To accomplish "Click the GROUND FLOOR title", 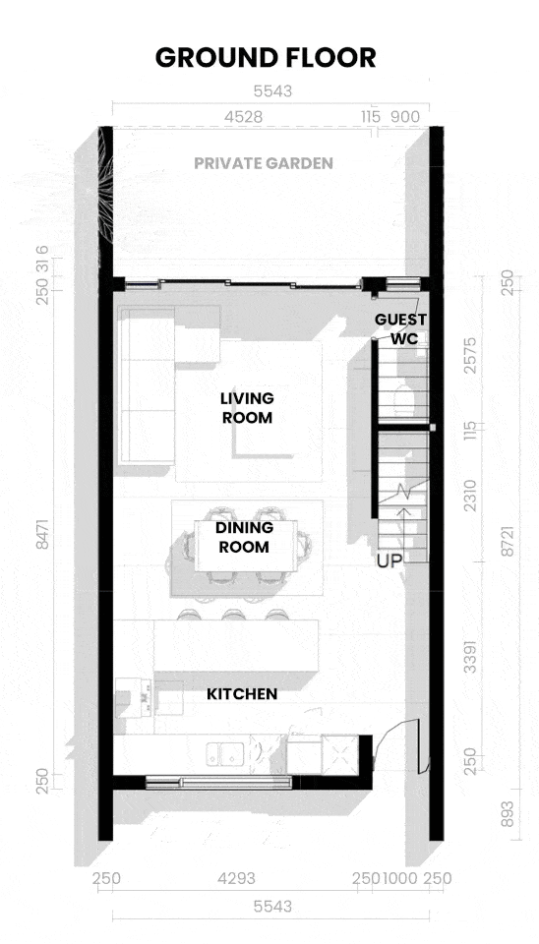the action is tap(266, 58).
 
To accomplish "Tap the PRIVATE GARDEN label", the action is tap(264, 163).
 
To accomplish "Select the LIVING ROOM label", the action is tap(247, 407).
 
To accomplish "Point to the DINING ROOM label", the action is tap(244, 537).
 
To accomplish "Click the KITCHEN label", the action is tap(242, 694).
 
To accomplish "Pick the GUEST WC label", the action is tap(401, 328).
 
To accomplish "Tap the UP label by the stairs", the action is tap(389, 561).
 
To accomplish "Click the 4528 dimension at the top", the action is tap(243, 117).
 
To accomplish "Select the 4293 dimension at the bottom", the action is tap(236, 878).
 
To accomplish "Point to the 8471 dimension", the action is tap(42, 533).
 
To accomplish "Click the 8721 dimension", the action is tap(508, 541).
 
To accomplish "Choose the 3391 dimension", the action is tap(470, 656).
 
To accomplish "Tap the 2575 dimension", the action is tap(470, 355).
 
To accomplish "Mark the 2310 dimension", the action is tap(470, 496).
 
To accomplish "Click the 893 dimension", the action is tap(508, 814).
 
